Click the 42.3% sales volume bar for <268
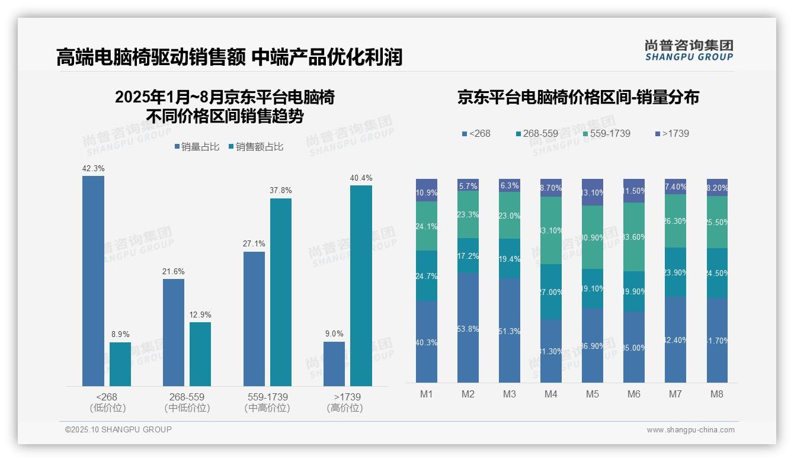click(93, 281)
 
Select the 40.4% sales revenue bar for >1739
click(361, 285)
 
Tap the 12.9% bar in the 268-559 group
click(200, 354)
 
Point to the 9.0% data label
click(334, 334)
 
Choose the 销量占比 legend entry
click(197, 147)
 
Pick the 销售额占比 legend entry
click(255, 147)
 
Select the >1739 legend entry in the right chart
click(673, 134)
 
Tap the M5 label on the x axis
click(593, 394)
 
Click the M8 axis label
click(717, 394)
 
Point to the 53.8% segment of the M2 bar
click(468, 328)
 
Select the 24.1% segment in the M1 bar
click(427, 226)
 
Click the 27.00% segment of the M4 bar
click(551, 291)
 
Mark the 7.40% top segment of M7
click(675, 187)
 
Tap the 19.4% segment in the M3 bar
click(510, 258)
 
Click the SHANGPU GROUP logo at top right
click(689, 50)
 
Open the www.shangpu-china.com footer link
click(690, 430)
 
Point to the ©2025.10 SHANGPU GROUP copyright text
click(119, 429)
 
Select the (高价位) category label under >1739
click(345, 408)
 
